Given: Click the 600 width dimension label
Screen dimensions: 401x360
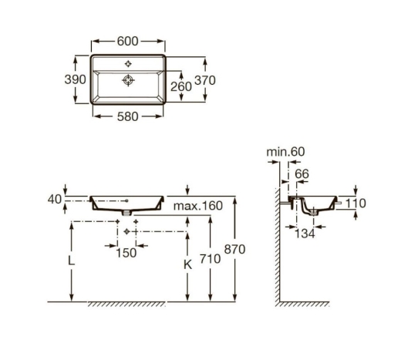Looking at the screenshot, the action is coord(128,41).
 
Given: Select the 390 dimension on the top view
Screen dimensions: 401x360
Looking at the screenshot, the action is coord(75,79).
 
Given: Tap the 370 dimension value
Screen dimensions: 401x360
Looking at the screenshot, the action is coord(205,80).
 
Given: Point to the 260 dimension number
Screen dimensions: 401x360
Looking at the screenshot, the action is coord(181,86).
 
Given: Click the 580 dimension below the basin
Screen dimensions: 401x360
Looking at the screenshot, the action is coord(128,116).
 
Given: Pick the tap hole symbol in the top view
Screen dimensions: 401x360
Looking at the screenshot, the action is coord(128,63).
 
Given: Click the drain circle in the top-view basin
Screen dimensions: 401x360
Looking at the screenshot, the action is coord(128,80).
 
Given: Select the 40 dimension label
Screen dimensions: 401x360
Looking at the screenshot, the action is coord(55,200).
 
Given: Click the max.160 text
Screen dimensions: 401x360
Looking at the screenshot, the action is coord(198,206).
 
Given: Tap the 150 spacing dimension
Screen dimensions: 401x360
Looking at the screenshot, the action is coord(126,253).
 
